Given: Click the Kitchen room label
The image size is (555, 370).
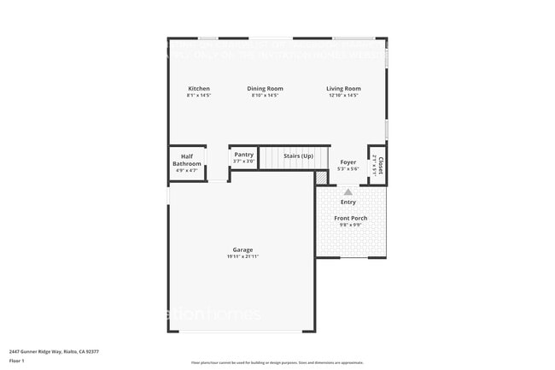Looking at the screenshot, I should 199,89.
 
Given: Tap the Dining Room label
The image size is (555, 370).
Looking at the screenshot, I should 266,89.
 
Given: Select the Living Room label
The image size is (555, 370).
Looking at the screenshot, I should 343,89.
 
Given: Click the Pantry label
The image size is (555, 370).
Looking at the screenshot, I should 244,155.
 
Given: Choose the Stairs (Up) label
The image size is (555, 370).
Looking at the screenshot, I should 299,156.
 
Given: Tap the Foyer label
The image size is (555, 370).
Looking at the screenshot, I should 348,162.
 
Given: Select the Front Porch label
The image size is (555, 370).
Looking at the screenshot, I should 350,219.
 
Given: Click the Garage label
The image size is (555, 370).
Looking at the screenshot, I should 242,250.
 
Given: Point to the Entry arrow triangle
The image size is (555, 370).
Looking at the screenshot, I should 348,192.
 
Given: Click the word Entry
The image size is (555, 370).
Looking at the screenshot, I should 348,203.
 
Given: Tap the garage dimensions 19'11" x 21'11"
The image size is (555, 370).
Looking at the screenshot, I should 242,257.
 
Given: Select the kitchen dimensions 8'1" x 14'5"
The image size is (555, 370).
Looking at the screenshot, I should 199,96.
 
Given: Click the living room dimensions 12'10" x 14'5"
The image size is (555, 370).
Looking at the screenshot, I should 343,96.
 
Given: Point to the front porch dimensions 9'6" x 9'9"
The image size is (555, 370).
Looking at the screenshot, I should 350,226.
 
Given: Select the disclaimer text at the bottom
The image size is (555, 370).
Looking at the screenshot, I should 277,362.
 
